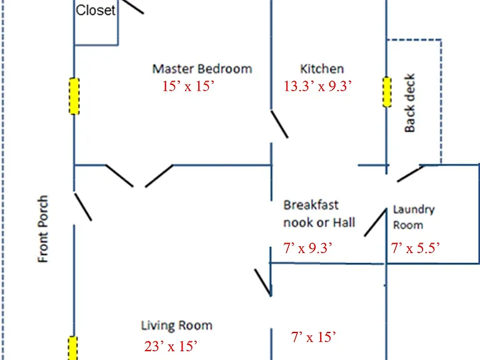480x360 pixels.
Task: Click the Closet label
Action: [x=96, y=11]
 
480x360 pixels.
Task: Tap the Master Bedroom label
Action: [x=202, y=69]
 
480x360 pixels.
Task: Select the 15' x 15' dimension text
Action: [x=188, y=86]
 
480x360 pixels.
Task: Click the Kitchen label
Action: [x=322, y=69]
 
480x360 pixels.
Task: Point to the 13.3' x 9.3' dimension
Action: [x=317, y=86]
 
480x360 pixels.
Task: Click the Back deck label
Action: [x=409, y=103]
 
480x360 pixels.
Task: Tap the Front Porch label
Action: [x=43, y=229]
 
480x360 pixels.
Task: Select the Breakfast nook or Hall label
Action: [x=319, y=214]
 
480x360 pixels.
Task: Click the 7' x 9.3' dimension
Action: [x=307, y=248]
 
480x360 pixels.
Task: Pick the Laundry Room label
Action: [x=414, y=217]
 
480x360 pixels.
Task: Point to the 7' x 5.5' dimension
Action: [x=416, y=248]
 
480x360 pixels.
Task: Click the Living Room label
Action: [x=176, y=325]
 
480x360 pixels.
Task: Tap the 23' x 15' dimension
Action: [x=171, y=346]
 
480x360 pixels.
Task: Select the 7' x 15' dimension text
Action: [x=313, y=337]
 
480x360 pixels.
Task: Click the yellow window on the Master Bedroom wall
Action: [x=74, y=96]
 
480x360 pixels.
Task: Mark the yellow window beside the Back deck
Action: [x=387, y=92]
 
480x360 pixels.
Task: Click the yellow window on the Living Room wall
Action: [x=72, y=348]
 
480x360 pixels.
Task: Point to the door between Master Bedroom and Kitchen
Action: [x=279, y=124]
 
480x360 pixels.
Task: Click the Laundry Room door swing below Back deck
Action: [x=411, y=174]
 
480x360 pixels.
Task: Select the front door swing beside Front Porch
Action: [x=83, y=207]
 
